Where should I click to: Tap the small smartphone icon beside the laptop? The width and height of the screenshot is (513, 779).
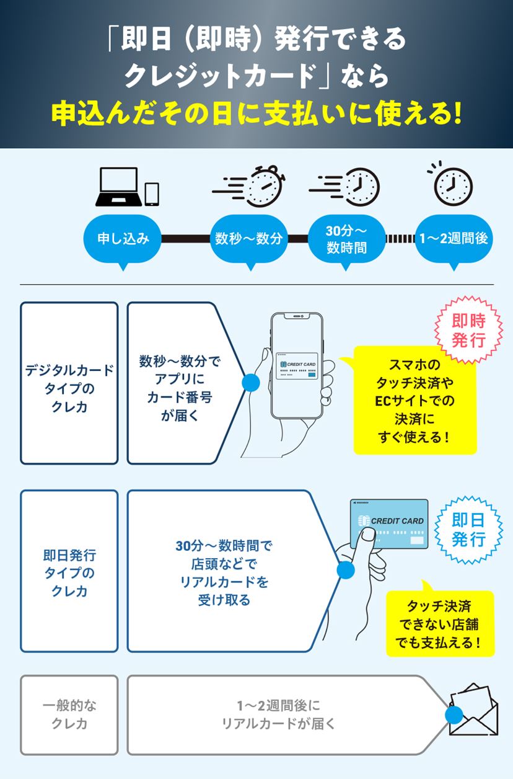(x=152, y=194)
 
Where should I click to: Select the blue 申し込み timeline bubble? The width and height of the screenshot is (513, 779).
(x=123, y=239)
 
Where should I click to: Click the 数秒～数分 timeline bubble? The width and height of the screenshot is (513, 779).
(x=249, y=239)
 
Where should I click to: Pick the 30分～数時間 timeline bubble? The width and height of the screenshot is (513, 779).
(x=346, y=239)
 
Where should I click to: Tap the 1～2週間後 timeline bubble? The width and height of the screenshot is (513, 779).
(x=454, y=239)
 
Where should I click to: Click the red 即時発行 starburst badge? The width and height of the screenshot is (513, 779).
(x=468, y=331)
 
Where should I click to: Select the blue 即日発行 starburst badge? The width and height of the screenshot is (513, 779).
(x=468, y=529)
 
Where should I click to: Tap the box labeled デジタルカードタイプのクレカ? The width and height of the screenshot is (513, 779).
(x=69, y=383)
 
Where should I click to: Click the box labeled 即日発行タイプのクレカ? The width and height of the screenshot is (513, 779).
(x=69, y=571)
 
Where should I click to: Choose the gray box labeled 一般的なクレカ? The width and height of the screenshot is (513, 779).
(x=69, y=714)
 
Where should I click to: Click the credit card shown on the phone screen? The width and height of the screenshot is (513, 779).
(x=297, y=367)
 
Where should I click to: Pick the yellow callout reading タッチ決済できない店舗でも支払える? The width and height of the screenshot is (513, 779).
(x=439, y=623)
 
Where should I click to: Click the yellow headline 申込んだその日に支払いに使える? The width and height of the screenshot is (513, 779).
(x=256, y=115)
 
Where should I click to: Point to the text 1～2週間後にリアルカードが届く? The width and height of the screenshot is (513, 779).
(x=279, y=714)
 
